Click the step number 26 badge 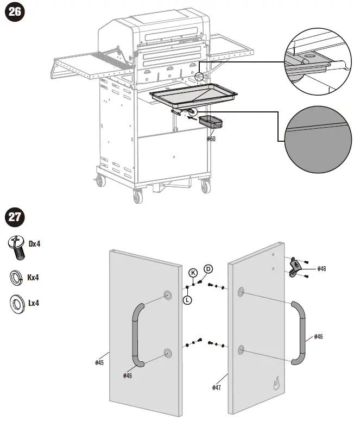pyautogui.click(x=15, y=12)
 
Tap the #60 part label pyautogui.click(x=211, y=139)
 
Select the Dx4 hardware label pyautogui.click(x=35, y=244)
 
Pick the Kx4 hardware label pyautogui.click(x=35, y=278)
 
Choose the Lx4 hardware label pyautogui.click(x=34, y=303)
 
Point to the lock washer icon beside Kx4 pyautogui.click(x=16, y=278)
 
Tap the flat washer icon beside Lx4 pyautogui.click(x=16, y=303)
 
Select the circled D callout pyautogui.click(x=207, y=269)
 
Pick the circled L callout pyautogui.click(x=187, y=299)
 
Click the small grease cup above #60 pyautogui.click(x=211, y=122)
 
